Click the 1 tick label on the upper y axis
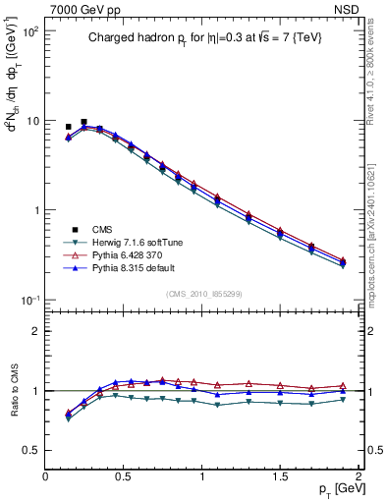(x=36, y=210)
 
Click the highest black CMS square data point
(x=83, y=123)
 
